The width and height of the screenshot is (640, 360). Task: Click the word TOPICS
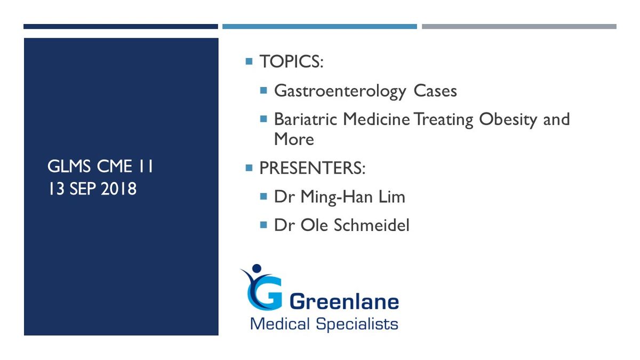(x=290, y=61)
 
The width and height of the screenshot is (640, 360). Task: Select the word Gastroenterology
(x=340, y=92)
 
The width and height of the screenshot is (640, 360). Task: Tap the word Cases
(x=435, y=91)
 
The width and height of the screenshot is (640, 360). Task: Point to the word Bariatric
(x=306, y=119)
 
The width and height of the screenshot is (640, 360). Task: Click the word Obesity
(x=508, y=120)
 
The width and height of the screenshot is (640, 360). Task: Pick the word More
(x=294, y=139)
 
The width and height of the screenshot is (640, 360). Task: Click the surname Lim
(x=391, y=197)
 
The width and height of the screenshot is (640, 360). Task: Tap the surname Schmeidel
(x=371, y=225)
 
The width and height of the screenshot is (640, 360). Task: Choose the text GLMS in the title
(x=69, y=166)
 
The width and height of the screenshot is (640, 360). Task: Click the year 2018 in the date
(x=118, y=189)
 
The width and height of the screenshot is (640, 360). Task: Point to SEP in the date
(x=83, y=189)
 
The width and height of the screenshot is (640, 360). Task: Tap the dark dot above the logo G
(x=257, y=268)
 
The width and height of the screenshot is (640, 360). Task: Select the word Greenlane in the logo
(x=344, y=301)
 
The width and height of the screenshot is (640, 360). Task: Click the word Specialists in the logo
(x=357, y=325)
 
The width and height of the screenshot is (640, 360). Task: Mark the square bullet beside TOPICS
(x=249, y=61)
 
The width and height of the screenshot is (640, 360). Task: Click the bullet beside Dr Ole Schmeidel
(x=263, y=225)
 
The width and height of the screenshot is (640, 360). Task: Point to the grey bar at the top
(x=519, y=27)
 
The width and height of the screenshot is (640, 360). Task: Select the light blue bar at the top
(x=319, y=27)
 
